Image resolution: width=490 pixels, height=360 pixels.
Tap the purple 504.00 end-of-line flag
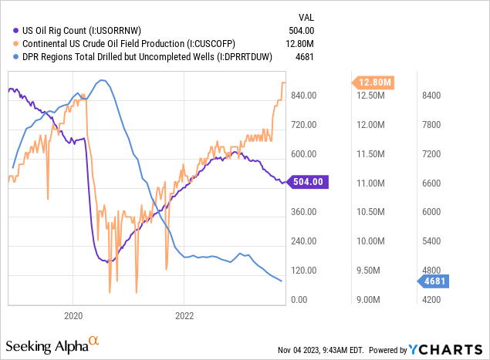pos(312,182)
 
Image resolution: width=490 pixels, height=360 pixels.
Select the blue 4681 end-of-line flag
pos(438,281)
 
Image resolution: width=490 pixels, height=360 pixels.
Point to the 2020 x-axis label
pos(73,315)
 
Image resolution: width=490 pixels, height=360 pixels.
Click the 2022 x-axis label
pos(184,315)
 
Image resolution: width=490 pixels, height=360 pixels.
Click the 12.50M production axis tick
pos(370,95)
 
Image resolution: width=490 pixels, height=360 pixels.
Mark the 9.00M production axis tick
pos(372,299)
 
